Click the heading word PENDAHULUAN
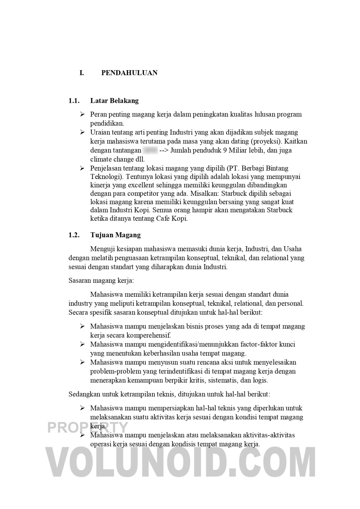(129, 73)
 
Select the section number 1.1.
(74, 101)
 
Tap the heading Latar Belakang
(114, 101)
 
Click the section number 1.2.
(74, 235)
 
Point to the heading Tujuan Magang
(115, 235)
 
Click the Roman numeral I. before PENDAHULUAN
(82, 73)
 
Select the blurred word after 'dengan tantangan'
(150, 150)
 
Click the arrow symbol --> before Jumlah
(164, 150)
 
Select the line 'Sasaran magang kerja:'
(101, 281)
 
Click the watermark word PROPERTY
(88, 427)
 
